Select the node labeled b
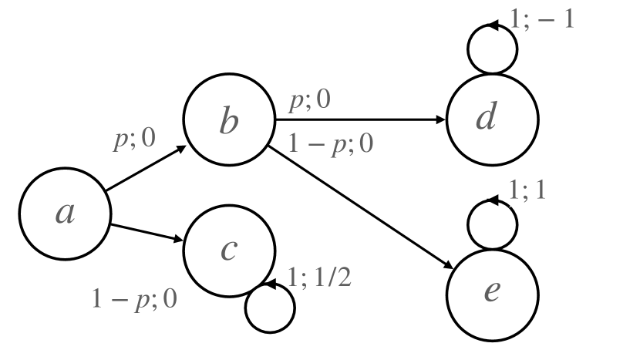(x=229, y=120)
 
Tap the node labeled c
(x=229, y=251)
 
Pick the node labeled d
(x=493, y=120)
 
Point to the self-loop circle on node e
(x=493, y=223)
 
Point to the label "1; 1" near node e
(x=529, y=192)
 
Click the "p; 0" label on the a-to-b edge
(x=134, y=139)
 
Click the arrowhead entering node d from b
(x=442, y=120)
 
